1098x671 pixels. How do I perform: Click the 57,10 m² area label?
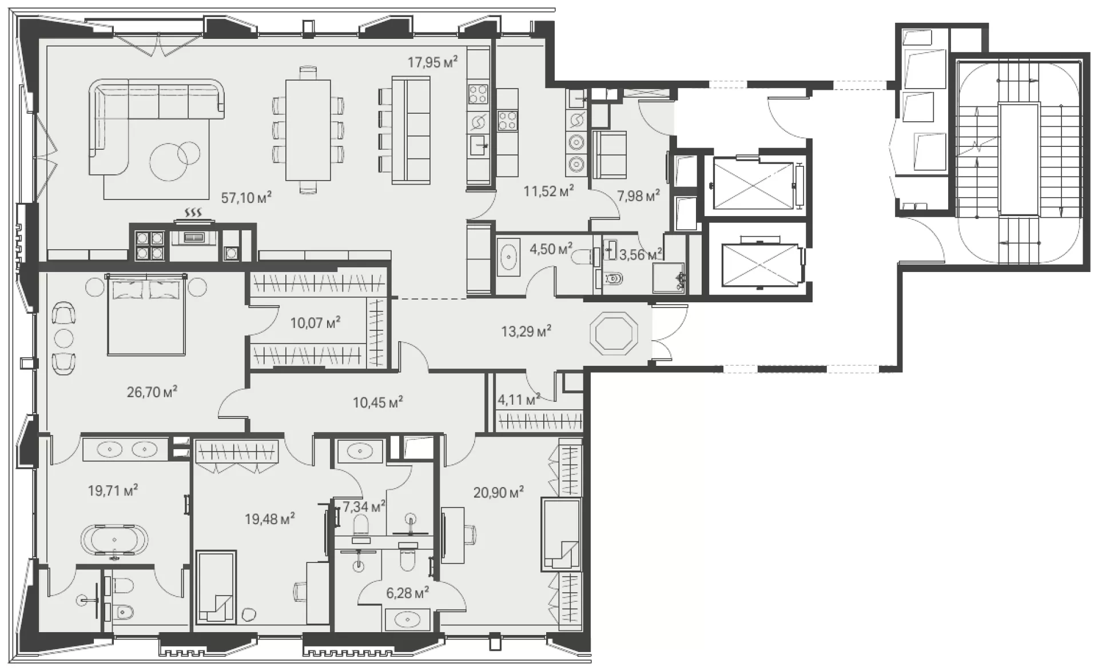pos(246,198)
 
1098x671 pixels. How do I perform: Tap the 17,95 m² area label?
pos(432,62)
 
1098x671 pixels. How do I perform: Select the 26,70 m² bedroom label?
pos(152,392)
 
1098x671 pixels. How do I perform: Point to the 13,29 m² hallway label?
pos(526,331)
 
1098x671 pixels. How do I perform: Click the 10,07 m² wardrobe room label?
pos(315,323)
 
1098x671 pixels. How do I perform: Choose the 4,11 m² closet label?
pos(519,400)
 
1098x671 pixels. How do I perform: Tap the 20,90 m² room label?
pos(499,492)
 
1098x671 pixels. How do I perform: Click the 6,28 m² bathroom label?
pos(407,593)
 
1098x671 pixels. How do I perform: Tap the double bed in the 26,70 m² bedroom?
pos(146,314)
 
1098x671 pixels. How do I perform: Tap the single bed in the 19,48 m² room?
pos(216,587)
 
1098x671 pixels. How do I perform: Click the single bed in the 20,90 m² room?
pos(562,534)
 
